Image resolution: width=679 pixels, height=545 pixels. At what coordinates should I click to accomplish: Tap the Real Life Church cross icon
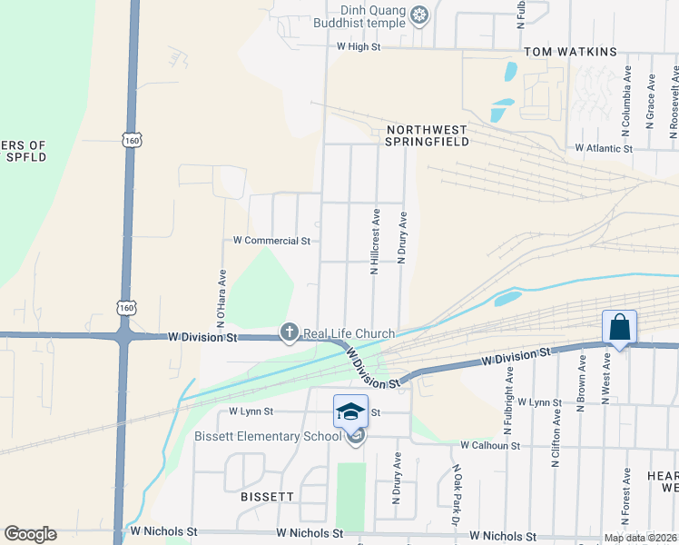[x=290, y=333]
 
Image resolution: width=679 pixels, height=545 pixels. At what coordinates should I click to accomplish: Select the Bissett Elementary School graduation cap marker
[x=351, y=411]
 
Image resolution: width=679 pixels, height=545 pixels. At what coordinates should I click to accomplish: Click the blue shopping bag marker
[x=619, y=326]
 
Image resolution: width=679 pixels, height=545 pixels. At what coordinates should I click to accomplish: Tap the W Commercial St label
[x=271, y=241]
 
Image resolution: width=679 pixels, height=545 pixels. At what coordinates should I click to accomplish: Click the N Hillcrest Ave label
[x=374, y=241]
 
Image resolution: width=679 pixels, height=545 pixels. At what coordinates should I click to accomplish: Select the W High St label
[x=358, y=45]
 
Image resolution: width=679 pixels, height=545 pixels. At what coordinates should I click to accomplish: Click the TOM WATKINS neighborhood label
[x=570, y=53]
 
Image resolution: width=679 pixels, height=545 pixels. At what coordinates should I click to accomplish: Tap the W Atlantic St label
[x=603, y=148]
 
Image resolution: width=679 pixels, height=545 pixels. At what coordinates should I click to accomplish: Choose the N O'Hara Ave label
[x=221, y=298]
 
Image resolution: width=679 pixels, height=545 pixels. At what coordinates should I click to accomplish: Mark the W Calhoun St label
[x=489, y=446]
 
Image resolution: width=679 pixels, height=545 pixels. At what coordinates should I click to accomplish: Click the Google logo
[x=30, y=534]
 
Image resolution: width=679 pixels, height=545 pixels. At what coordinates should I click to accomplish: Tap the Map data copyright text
[x=640, y=538]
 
